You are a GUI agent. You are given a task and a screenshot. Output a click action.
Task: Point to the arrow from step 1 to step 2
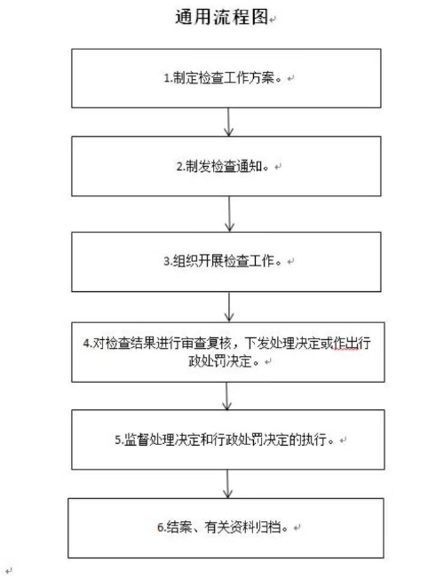click(x=229, y=122)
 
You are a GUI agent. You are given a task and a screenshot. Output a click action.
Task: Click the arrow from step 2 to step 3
click(x=229, y=214)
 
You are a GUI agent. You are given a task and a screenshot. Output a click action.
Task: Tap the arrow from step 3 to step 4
click(x=229, y=307)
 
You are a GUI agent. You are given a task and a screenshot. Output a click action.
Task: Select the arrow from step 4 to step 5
click(x=229, y=395)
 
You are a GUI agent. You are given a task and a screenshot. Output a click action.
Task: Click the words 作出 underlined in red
click(x=343, y=344)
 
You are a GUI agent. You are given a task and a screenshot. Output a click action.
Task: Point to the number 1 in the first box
click(x=166, y=78)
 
